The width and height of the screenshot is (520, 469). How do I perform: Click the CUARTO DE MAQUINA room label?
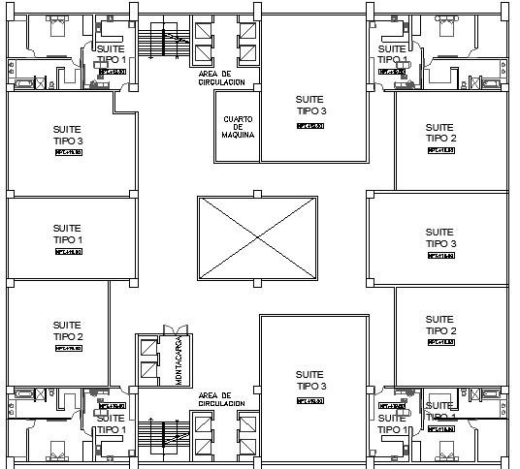click(x=238, y=127)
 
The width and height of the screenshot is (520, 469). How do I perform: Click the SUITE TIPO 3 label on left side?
click(x=67, y=135)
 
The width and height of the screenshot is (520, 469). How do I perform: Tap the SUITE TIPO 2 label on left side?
click(x=67, y=331)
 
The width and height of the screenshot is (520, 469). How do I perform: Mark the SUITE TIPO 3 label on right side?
click(x=439, y=237)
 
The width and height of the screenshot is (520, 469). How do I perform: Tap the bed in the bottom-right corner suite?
click(x=447, y=450)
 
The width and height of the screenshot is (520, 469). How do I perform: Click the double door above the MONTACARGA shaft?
click(x=173, y=330)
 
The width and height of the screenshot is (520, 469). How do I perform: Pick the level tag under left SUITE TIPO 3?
click(x=67, y=153)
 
